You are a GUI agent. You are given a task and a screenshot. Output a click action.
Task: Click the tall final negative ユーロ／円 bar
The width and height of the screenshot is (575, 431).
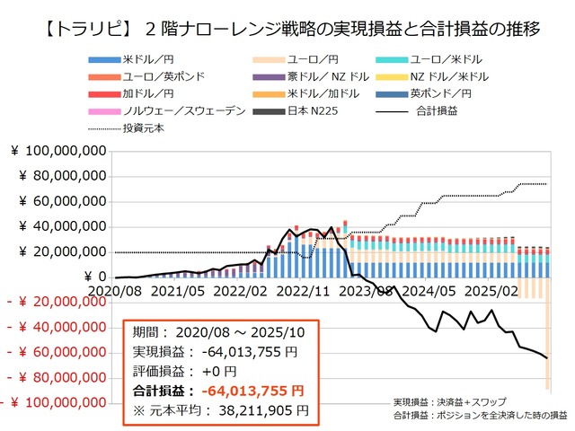[547, 332]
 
